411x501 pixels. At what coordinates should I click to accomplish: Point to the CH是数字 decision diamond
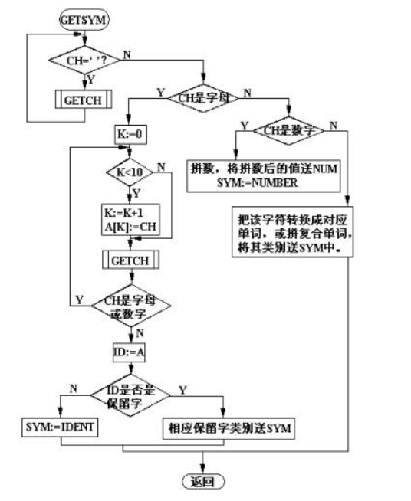pos(291,130)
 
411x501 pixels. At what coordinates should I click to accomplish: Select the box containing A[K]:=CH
pos(129,221)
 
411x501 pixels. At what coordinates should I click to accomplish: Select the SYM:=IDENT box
pos(58,424)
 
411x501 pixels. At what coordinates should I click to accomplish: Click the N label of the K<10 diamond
pos(161,167)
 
